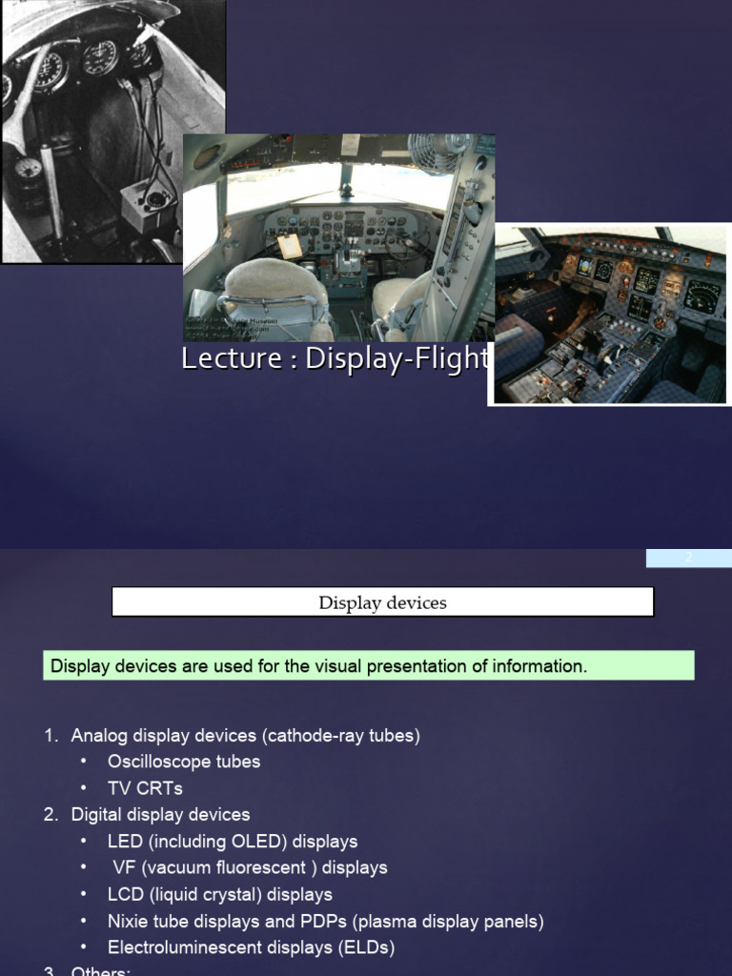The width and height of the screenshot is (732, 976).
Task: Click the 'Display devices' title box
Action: coord(382,602)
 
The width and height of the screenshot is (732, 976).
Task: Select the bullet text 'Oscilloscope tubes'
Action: coord(184,762)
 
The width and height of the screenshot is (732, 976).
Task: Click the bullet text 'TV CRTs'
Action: coord(145,788)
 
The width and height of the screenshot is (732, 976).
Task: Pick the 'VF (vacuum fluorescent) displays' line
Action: coord(250,868)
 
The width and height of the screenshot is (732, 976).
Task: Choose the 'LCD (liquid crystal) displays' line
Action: coord(220,895)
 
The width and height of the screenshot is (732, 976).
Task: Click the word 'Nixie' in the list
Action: coord(128,922)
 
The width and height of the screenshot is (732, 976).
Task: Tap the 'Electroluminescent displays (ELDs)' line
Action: coord(251,948)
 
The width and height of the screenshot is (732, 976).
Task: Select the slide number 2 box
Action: coord(688,559)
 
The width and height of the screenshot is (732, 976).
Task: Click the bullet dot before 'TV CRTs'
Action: coord(84,788)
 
